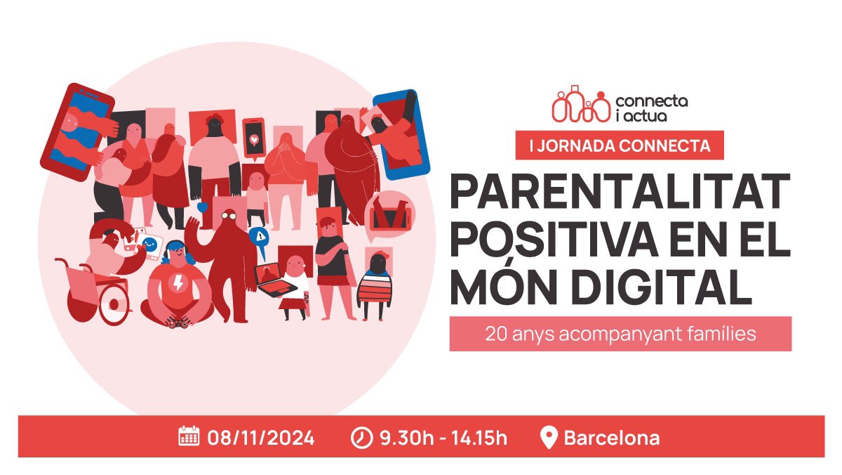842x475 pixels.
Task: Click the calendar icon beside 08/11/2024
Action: (189, 437)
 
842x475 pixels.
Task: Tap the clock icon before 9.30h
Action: (361, 438)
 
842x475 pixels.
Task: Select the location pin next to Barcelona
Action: (549, 437)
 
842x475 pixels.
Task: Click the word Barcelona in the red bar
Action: (611, 438)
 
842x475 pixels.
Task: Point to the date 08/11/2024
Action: (260, 438)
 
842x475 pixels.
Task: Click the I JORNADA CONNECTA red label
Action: (619, 145)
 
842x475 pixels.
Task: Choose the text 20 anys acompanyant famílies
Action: (620, 334)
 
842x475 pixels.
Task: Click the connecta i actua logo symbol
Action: (580, 105)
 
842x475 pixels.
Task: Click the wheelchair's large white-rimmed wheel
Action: (112, 303)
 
